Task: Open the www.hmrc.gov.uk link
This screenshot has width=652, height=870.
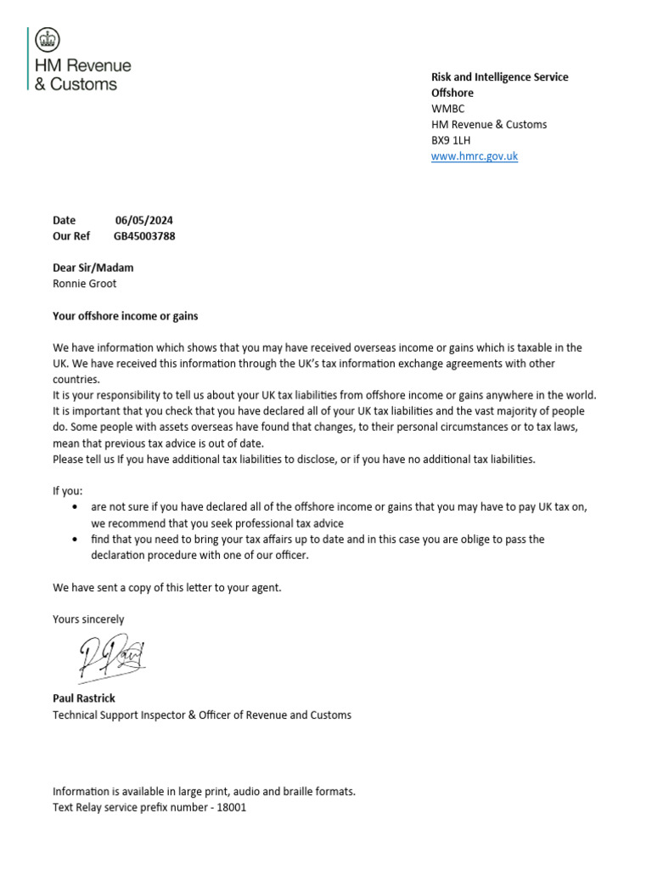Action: coord(474,156)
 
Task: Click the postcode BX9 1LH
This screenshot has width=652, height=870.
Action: coord(452,140)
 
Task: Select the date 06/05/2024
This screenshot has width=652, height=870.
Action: coord(143,220)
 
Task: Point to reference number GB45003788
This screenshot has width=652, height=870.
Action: coord(144,236)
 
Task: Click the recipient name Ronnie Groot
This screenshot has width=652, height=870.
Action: coord(84,284)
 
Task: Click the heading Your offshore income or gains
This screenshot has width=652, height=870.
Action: coord(125,316)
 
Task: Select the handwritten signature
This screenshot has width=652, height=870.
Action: coord(112,657)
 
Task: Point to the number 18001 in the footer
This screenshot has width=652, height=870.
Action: coord(231,807)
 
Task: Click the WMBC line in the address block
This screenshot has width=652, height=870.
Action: coord(447,109)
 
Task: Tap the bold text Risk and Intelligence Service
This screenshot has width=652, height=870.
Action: coord(499,77)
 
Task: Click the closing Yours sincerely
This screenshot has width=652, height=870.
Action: coord(87,619)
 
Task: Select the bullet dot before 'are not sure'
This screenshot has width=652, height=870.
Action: coord(76,507)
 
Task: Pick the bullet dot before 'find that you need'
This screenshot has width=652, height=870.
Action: coord(76,540)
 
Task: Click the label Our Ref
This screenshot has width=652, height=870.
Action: coord(70,236)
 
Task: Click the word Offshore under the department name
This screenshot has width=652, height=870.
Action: coord(452,93)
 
